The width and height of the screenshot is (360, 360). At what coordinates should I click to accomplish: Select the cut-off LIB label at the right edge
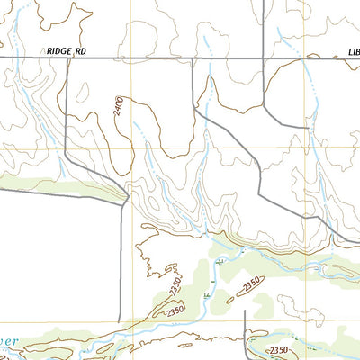click(353, 53)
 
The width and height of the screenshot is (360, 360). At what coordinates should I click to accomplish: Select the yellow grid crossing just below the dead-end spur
click(316, 148)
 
